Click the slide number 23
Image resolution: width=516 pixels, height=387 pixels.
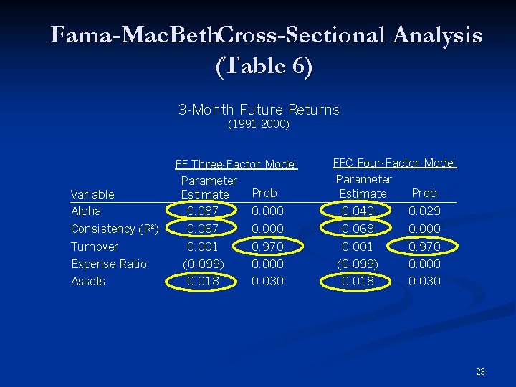pos(480,371)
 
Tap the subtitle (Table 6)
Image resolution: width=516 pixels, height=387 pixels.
pos(264,67)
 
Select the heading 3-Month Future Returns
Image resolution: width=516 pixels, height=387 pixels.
pos(259,110)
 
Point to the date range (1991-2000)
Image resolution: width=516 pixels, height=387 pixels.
pos(259,125)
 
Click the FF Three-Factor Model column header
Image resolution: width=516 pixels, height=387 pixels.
pos(236,164)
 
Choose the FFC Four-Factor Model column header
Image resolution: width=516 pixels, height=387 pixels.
pos(394,163)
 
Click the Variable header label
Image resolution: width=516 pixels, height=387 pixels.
pos(92,194)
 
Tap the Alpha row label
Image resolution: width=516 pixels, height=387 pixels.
pos(86,211)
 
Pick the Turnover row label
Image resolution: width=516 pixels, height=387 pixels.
pos(95,247)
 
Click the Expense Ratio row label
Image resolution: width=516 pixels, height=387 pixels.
pos(109,264)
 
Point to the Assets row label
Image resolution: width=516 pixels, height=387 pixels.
pos(88,282)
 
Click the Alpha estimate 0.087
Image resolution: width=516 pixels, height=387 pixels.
pos(204,211)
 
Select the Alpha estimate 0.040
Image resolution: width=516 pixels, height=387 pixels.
pos(358,211)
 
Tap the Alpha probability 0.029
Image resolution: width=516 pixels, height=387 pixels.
pos(425,211)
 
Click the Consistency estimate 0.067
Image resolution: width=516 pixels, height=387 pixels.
pos(204,229)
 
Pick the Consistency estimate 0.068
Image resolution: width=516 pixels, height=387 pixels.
pos(358,229)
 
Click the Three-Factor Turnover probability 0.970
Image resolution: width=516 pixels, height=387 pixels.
pos(267,247)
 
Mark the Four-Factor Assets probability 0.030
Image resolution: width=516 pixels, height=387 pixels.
pos(425,282)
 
